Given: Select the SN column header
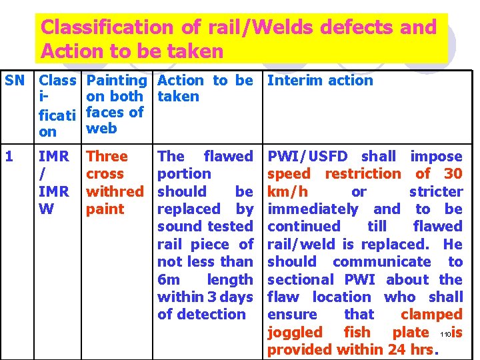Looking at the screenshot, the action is point(15,81).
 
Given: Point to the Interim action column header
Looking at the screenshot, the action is point(320,81).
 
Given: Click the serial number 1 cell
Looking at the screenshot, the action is point(9,157).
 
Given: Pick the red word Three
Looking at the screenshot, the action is point(107,157).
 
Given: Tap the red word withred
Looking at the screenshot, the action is point(115,191).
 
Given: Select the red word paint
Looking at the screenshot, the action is point(105,209).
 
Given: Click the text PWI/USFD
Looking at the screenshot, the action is point(307,157).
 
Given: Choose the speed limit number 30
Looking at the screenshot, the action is point(453,174).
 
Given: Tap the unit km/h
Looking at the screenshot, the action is point(286,191).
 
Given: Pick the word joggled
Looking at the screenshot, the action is point(295,332).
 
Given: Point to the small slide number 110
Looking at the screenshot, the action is point(445,333).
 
